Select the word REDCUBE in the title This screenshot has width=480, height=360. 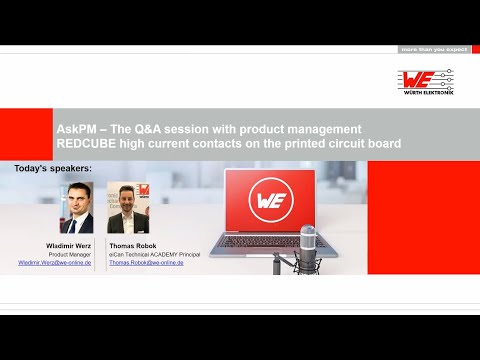click(88, 144)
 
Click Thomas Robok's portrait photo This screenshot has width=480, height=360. click(126, 208)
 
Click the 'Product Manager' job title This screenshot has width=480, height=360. click(71, 255)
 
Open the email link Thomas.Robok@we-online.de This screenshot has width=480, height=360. click(147, 262)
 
